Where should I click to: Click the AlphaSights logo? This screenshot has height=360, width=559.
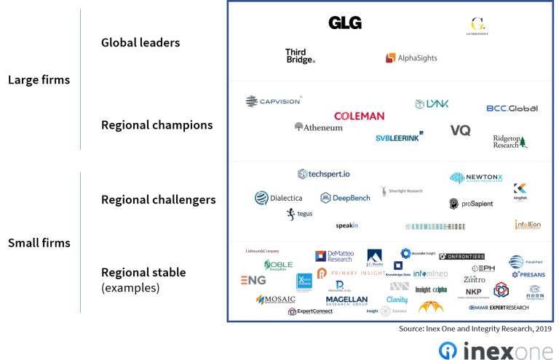pos(411,57)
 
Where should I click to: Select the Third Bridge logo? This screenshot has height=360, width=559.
pos(300,55)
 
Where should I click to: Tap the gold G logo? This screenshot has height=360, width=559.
pos(477,26)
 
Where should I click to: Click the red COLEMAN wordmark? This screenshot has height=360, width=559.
pos(359,116)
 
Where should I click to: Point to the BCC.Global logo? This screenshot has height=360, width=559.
pos(512,108)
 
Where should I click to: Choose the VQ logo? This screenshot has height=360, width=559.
pos(460,130)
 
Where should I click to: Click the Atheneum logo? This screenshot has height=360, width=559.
pos(318,127)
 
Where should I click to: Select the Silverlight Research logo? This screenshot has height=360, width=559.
pos(402,191)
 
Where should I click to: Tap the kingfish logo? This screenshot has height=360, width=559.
pos(520,192)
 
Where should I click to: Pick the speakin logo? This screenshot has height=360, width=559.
pos(347,225)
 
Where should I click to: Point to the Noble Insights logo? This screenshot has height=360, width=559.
pos(278,265)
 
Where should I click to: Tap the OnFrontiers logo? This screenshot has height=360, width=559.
pos(461,256)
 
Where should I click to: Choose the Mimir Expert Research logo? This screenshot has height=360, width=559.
pos(499,308)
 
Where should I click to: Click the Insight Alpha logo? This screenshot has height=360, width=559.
pos(432,289)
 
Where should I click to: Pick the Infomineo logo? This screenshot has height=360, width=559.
pos(431,274)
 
